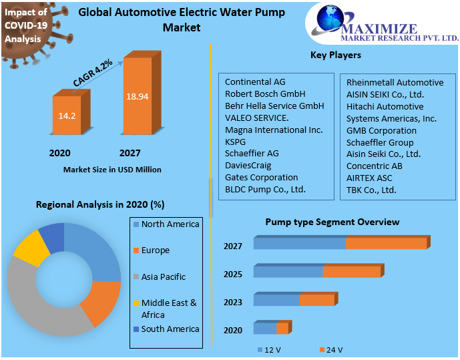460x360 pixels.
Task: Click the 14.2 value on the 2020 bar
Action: click(67, 116)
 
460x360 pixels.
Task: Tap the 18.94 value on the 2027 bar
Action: click(137, 96)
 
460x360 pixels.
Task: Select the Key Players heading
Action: click(336, 55)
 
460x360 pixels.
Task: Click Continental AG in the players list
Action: click(255, 82)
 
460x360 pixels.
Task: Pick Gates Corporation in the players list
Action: click(261, 177)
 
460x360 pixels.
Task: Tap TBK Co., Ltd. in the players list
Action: click(371, 190)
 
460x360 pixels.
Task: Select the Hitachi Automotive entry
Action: click(385, 106)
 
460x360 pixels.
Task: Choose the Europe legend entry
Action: click(155, 250)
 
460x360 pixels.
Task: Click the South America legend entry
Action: click(170, 329)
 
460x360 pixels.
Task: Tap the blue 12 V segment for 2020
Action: click(264, 329)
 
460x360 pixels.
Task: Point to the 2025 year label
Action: click(232, 275)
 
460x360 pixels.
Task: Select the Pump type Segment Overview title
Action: click(332, 222)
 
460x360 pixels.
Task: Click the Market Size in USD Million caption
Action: click(112, 170)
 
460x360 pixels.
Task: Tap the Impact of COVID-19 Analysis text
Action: click(27, 25)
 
